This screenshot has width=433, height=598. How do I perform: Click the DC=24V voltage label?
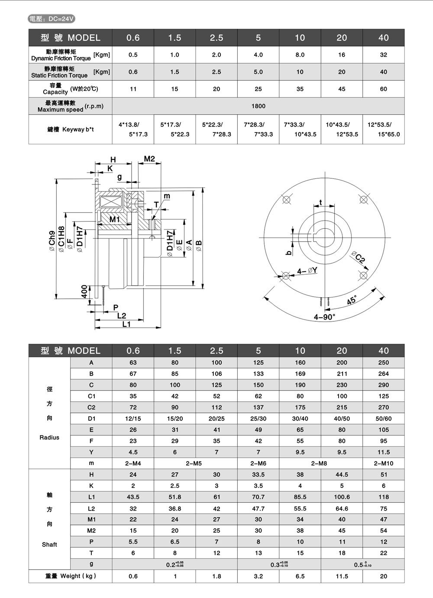(x=52, y=19)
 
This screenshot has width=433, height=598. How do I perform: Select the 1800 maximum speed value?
(x=258, y=106)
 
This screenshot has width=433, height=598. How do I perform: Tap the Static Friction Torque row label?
(x=59, y=72)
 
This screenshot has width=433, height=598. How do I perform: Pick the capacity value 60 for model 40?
(x=383, y=89)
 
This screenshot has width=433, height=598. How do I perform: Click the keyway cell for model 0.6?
(x=132, y=129)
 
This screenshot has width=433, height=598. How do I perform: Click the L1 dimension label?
(x=126, y=324)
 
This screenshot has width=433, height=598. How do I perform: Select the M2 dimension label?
(x=149, y=159)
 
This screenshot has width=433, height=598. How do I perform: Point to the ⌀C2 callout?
(x=359, y=257)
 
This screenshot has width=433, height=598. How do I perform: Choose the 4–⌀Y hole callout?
(x=307, y=271)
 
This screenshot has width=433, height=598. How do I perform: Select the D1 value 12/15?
(x=132, y=419)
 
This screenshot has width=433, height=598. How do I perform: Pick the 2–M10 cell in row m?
(x=383, y=463)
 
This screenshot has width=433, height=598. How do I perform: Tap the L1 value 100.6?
(x=342, y=497)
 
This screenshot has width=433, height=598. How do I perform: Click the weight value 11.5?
(x=342, y=576)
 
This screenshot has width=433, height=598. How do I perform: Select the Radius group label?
(x=49, y=437)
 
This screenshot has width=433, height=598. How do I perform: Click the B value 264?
(x=383, y=374)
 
